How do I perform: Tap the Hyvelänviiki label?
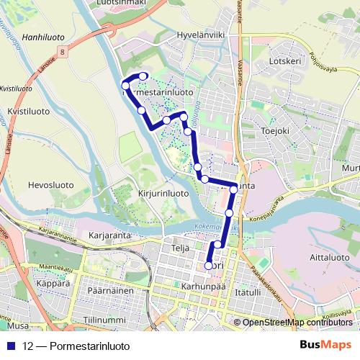pyautogui.click(x=203, y=35)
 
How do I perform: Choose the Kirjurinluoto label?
pyautogui.click(x=162, y=194)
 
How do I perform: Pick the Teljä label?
pyautogui.click(x=180, y=248)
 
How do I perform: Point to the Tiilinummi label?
pyautogui.click(x=104, y=317)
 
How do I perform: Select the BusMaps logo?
pyautogui.click(x=325, y=344)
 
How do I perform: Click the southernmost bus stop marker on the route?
pyautogui.click(x=209, y=266)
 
